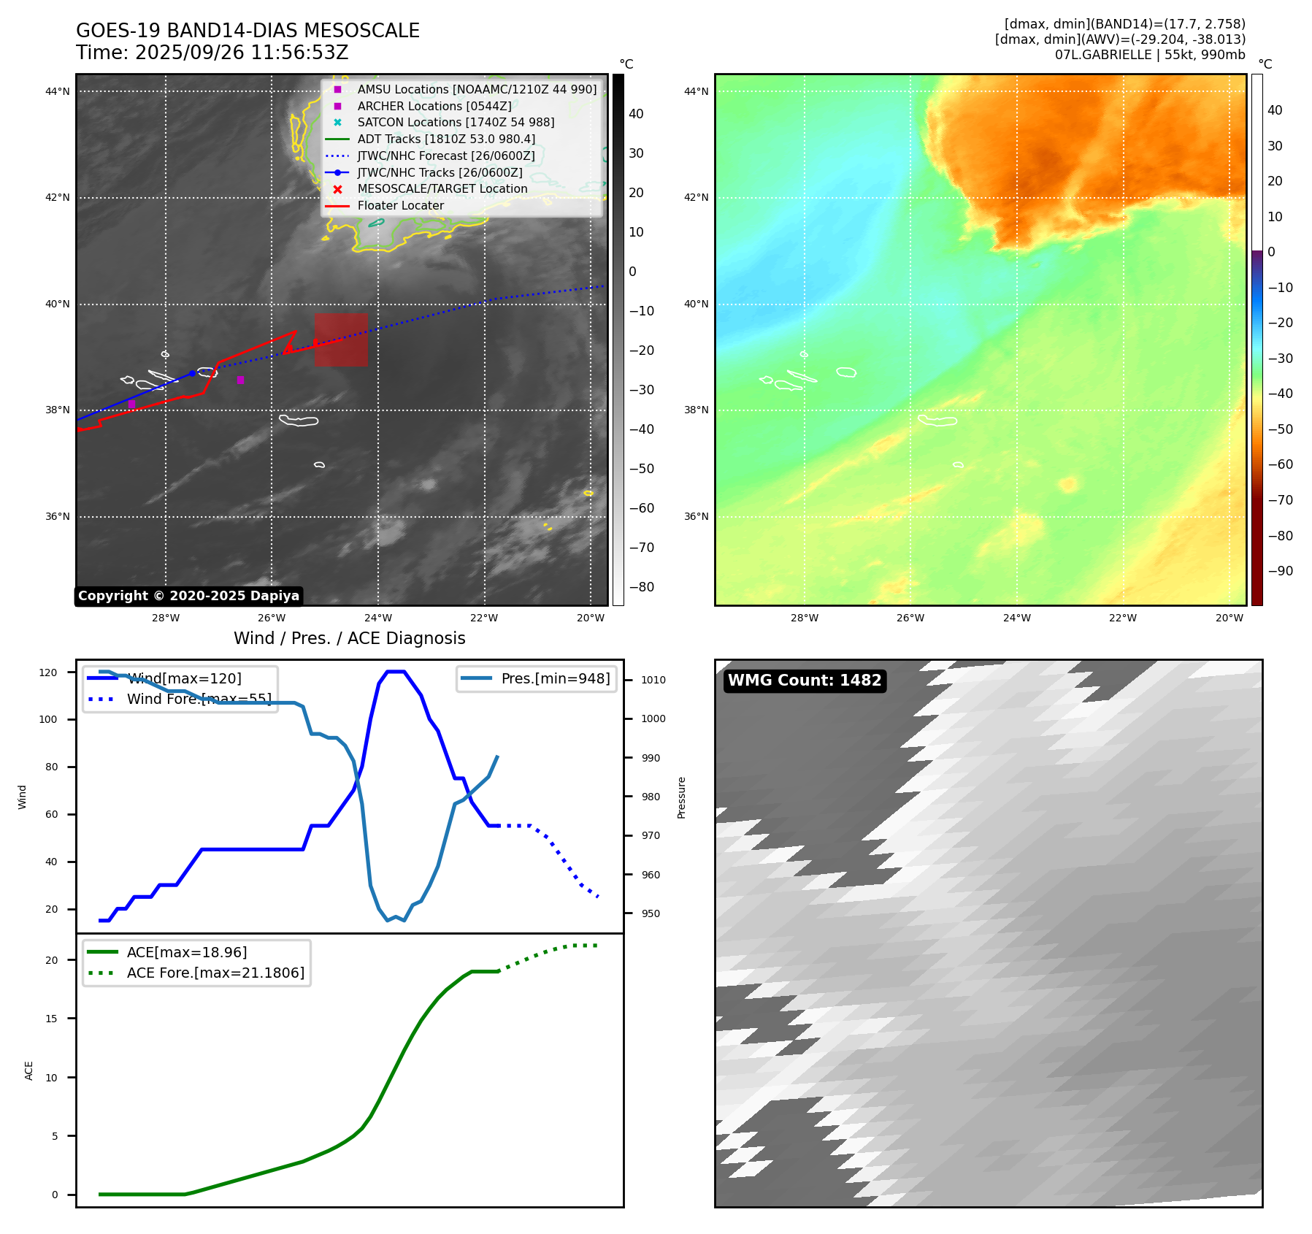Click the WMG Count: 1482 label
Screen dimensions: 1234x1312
(x=805, y=681)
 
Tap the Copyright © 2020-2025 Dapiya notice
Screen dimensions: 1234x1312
(x=188, y=596)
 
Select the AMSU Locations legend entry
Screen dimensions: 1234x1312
(x=476, y=89)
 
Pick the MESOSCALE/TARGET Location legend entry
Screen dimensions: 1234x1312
(x=442, y=188)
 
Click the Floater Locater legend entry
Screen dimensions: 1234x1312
(x=400, y=205)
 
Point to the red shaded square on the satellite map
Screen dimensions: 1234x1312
(x=341, y=340)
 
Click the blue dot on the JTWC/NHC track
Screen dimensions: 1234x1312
(x=192, y=373)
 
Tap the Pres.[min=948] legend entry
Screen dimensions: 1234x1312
(x=555, y=678)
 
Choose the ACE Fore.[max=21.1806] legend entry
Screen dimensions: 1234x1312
(x=215, y=973)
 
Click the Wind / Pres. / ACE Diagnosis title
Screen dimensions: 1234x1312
(x=349, y=638)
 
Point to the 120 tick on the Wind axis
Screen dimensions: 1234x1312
(x=48, y=672)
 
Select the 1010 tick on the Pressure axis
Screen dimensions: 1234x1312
(x=653, y=680)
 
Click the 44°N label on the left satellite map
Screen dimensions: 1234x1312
(x=58, y=91)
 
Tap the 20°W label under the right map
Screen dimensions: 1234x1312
(x=1229, y=618)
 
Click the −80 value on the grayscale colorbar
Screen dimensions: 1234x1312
(x=642, y=587)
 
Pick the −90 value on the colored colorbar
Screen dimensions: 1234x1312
(x=1280, y=571)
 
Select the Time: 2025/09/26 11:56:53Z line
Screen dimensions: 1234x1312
(x=212, y=53)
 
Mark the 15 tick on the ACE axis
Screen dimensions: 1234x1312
(x=51, y=1019)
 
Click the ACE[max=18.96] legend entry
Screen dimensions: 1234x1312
(x=186, y=952)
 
